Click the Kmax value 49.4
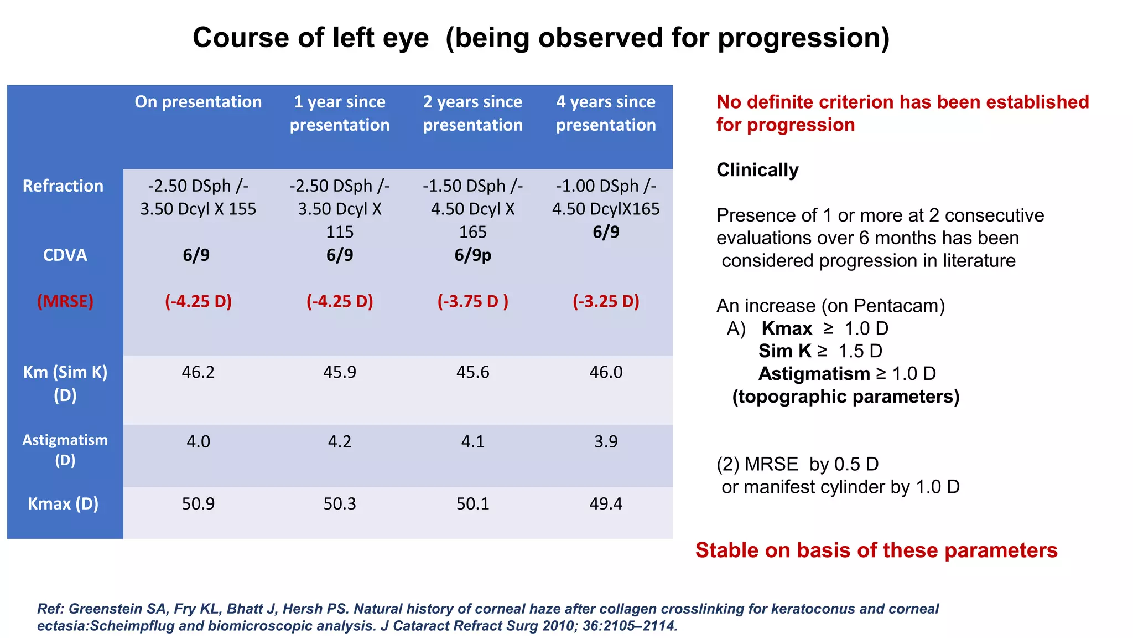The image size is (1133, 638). pos(606,503)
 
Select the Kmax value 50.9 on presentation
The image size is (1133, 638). pos(198,503)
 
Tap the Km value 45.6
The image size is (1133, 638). pos(472,372)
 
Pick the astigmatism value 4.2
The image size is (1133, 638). pos(339,441)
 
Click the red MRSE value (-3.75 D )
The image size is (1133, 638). pos(472,301)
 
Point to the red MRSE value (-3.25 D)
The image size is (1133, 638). pos(606,301)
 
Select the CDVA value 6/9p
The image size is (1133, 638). pos(472,255)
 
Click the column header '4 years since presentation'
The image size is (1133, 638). pos(606,114)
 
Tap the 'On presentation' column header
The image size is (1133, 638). pos(198,102)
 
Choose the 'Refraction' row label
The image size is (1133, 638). pos(63,186)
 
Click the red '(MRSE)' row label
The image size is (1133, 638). pos(65,301)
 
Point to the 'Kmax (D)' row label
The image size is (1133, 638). pos(63,503)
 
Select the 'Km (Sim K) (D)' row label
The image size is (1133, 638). pos(65,383)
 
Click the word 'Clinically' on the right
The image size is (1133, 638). pos(757,170)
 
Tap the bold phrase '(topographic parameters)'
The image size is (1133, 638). pos(845,397)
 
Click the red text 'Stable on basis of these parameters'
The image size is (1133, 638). pos(876,550)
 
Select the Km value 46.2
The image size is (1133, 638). pos(198,372)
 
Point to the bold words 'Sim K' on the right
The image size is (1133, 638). pos(784,351)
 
